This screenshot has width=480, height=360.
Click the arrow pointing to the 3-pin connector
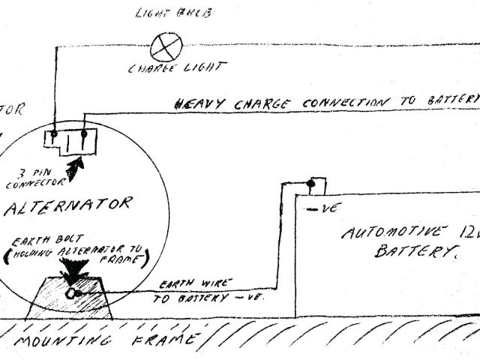(75, 167)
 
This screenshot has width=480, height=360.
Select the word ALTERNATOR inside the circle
(72, 205)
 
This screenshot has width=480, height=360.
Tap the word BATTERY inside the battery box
(412, 253)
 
